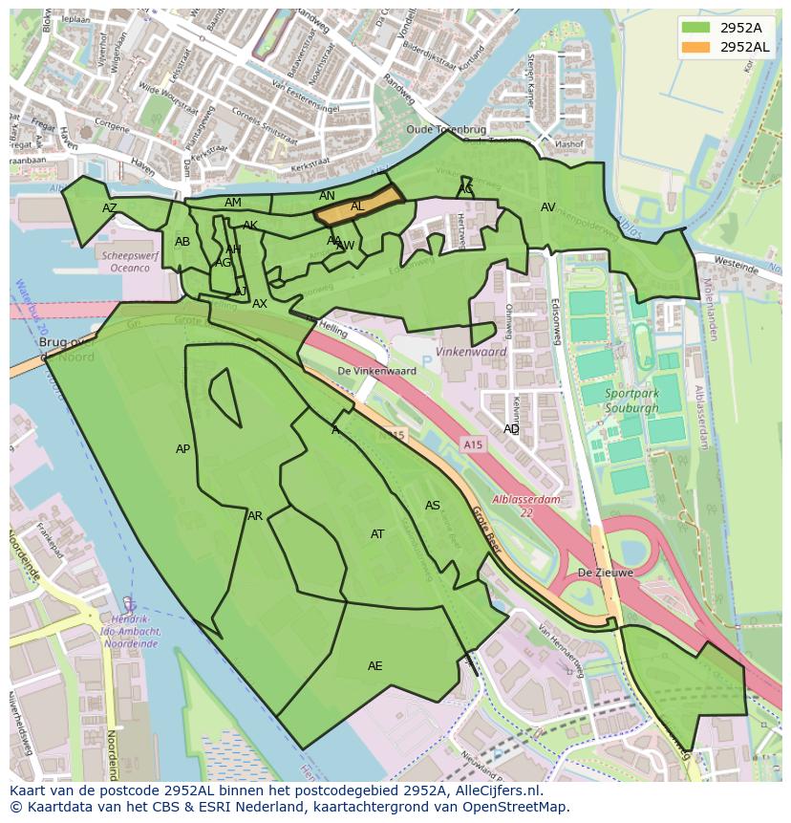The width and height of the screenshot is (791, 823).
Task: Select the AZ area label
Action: click(x=110, y=207)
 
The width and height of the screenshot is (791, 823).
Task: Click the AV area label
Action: click(x=547, y=207)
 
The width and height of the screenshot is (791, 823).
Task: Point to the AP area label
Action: click(x=182, y=449)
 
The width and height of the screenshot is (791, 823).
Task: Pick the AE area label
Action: click(x=374, y=666)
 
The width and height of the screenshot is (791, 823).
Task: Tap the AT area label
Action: click(x=377, y=534)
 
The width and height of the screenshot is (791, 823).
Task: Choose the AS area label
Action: click(x=433, y=506)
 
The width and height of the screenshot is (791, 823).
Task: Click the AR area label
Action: click(x=255, y=516)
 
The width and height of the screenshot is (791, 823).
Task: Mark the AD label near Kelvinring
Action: click(x=511, y=429)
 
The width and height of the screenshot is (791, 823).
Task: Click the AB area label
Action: click(x=182, y=242)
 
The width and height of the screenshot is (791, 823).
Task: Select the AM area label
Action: click(x=233, y=203)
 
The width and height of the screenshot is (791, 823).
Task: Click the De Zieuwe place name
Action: click(x=605, y=574)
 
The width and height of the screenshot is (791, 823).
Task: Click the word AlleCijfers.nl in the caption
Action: click(x=496, y=791)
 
